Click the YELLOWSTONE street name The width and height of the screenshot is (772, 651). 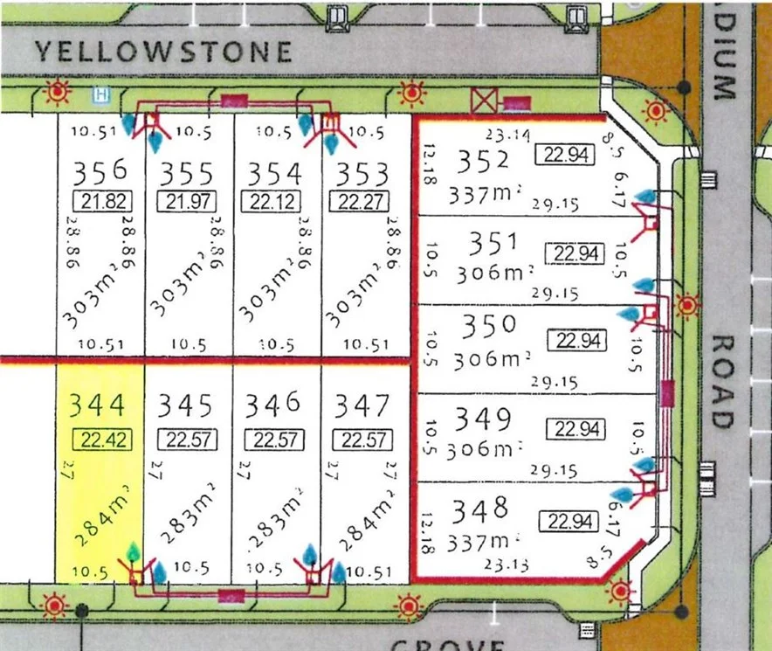163,52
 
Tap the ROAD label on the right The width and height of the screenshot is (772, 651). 721,381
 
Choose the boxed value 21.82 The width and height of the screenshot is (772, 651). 102,201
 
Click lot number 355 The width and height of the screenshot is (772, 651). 187,170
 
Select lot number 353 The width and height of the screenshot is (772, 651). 363,170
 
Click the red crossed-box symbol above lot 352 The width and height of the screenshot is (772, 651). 482,101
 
